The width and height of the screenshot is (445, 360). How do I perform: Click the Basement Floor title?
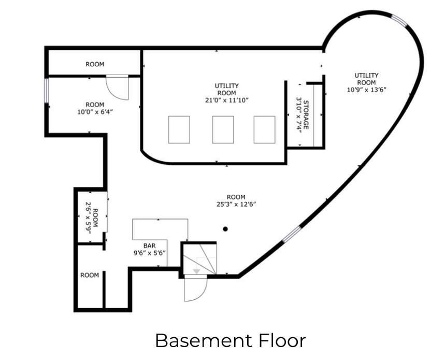tap(230, 340)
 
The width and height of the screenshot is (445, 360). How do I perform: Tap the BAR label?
tap(149, 246)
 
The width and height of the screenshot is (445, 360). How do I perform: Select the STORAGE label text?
tap(306, 114)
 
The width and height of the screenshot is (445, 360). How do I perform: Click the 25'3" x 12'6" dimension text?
tap(236, 204)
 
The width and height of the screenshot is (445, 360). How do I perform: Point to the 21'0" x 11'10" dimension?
tap(227, 100)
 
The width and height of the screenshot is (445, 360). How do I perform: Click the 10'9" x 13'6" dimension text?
tap(367, 90)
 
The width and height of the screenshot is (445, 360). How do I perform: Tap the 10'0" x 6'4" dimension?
tap(95, 112)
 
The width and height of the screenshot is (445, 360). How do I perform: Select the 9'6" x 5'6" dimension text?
tap(150, 253)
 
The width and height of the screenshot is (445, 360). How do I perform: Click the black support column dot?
tap(225, 229)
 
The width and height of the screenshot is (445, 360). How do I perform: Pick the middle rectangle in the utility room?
tap(223, 129)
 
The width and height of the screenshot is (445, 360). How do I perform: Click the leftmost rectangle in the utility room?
tap(179, 129)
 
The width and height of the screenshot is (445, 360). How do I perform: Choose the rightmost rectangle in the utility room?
tap(264, 129)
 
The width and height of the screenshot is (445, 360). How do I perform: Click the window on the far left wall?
tap(47, 91)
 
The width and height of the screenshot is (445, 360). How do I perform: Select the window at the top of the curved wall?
tap(399, 21)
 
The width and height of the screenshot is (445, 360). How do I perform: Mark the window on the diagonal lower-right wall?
tap(292, 234)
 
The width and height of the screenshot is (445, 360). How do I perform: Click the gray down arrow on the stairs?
tap(196, 271)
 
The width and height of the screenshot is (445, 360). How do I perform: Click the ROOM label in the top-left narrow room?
tap(95, 64)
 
